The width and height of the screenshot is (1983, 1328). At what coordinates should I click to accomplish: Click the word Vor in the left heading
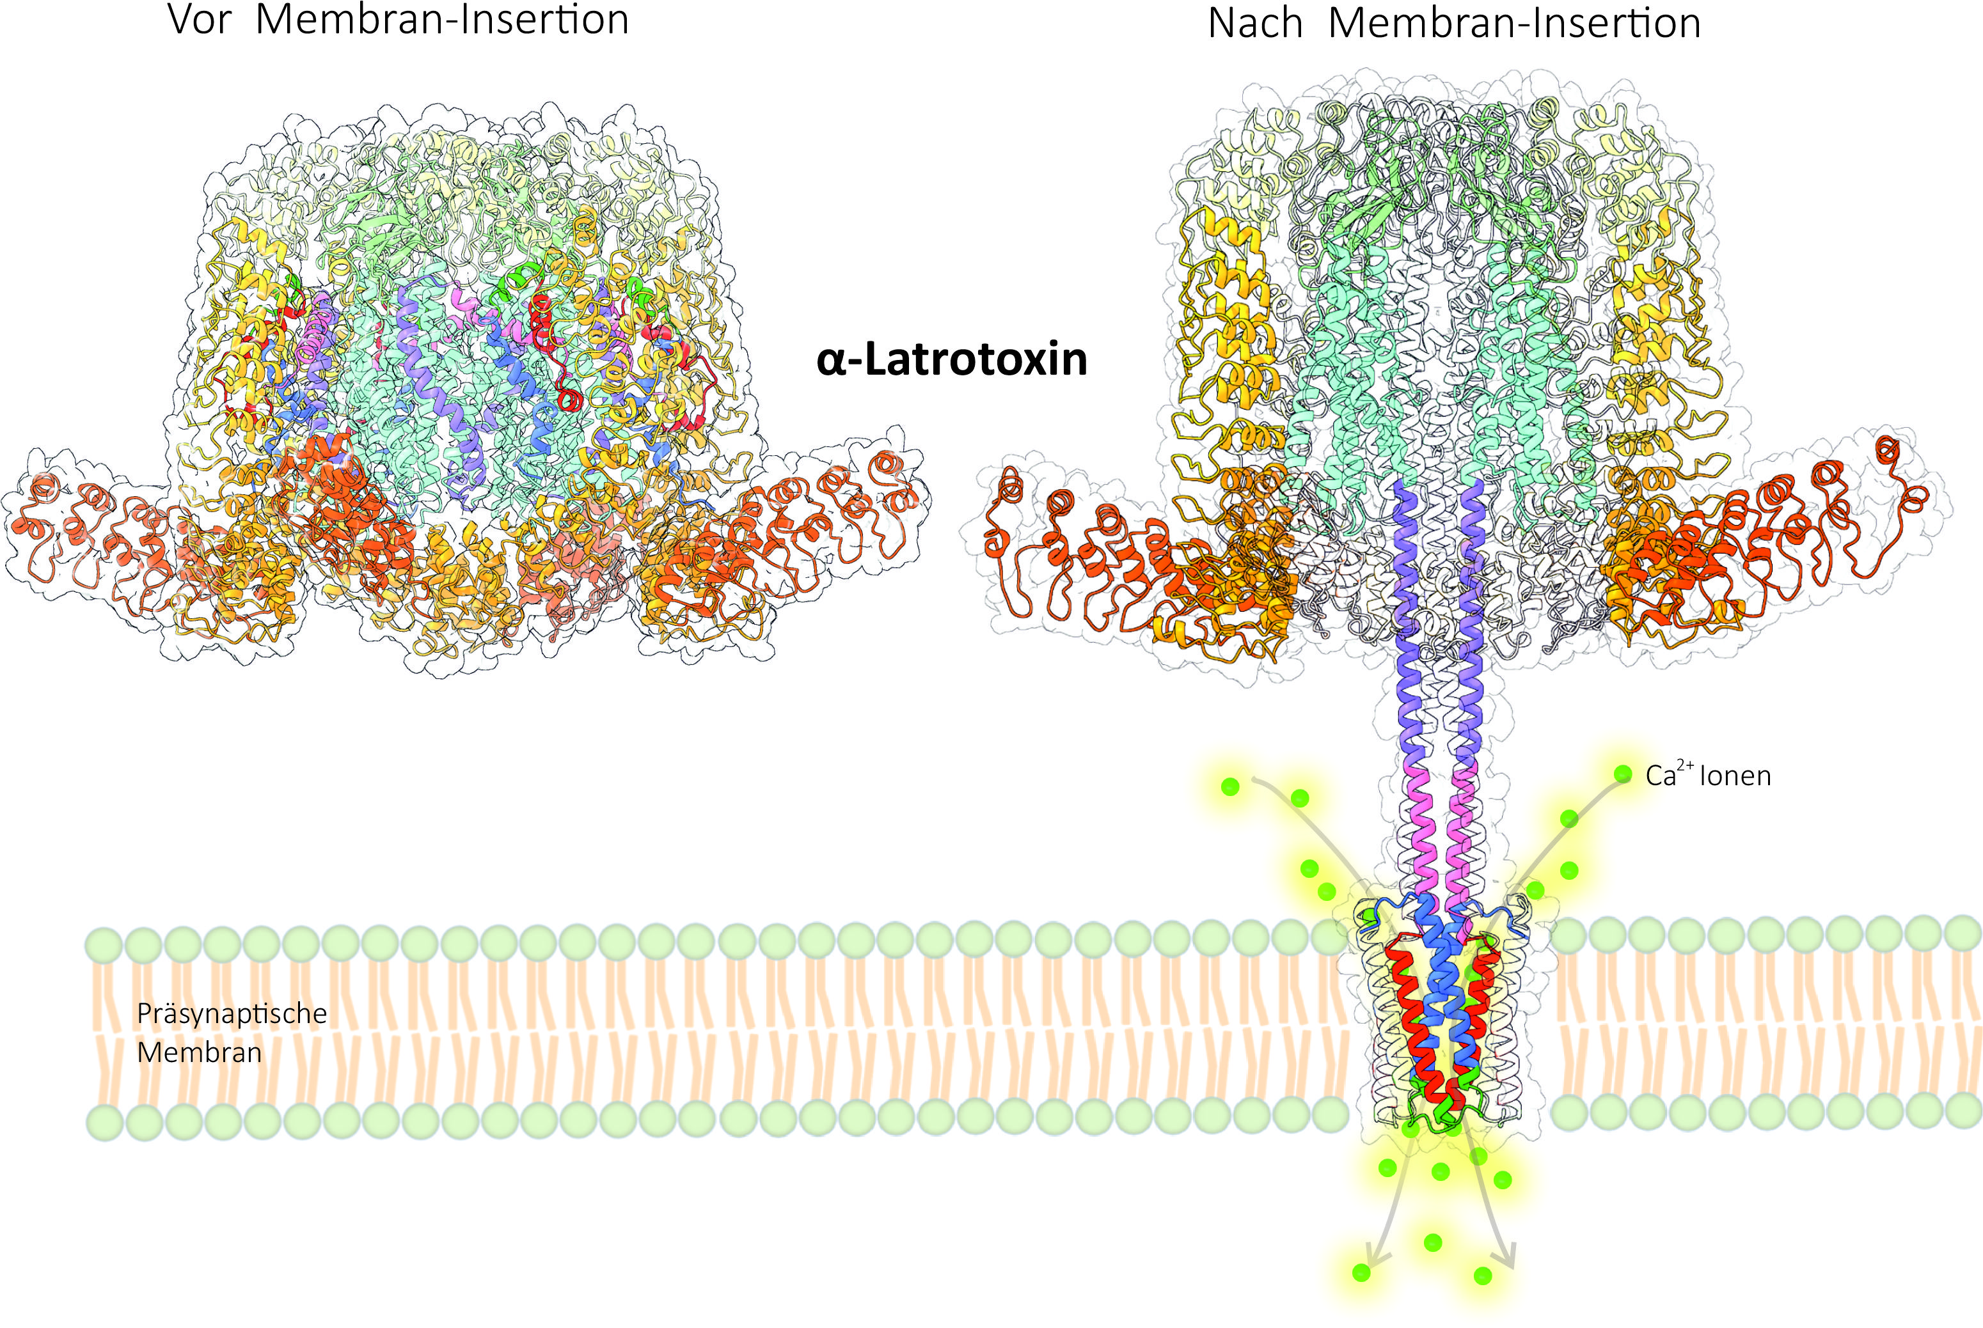200,19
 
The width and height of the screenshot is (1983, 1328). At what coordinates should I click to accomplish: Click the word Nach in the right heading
1254,23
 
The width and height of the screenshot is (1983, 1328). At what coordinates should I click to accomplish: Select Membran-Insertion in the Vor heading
442,19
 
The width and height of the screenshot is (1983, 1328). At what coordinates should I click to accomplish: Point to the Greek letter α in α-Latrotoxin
833,361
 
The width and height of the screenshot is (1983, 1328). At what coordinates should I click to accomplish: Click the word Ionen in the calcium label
1735,776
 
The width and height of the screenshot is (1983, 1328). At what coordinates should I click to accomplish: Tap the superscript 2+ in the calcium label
1686,765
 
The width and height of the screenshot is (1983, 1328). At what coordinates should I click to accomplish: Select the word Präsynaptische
232,1015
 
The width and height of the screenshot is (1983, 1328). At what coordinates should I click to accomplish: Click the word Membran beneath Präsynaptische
199,1052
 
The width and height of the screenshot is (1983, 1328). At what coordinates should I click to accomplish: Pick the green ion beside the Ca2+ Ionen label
1622,773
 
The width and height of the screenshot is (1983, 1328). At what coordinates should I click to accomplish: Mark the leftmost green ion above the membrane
1230,787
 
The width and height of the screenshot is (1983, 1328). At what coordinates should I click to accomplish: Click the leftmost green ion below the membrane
1361,1272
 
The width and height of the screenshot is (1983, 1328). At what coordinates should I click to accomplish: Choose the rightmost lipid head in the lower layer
1964,1109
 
